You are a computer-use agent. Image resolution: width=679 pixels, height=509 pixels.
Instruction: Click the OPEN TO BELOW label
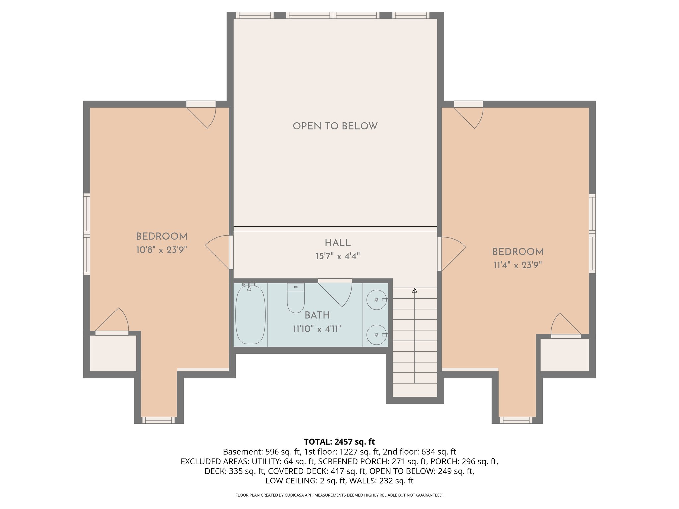pos(335,126)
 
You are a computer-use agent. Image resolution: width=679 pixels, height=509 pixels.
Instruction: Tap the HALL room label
pos(338,243)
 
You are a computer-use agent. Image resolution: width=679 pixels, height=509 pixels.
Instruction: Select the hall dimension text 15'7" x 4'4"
pos(338,256)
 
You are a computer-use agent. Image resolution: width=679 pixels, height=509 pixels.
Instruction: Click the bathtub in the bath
pos(250,315)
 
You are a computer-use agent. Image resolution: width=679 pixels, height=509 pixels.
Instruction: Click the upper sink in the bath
pos(376,300)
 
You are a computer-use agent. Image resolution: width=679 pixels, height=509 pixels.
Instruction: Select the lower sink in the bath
pos(376,335)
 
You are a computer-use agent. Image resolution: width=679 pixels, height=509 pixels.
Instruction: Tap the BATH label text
pos(317,315)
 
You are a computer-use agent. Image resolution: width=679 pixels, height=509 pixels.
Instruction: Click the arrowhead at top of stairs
pos(415,291)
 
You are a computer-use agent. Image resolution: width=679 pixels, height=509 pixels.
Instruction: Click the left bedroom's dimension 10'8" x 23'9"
pos(161,250)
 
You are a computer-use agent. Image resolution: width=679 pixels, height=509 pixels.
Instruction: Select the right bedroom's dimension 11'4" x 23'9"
pos(518,265)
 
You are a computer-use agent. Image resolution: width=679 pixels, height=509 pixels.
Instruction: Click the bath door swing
pos(337,292)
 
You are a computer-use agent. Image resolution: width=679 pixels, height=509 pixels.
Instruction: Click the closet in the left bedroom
pos(113,353)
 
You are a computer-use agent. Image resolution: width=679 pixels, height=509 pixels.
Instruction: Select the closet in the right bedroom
pos(565,355)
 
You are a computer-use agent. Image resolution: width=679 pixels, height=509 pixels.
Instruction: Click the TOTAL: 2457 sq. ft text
pos(339,442)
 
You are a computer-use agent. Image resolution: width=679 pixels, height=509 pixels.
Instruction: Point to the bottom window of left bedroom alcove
pos(158,420)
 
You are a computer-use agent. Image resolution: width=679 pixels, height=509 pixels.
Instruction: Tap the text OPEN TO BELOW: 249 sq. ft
pos(422,471)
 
